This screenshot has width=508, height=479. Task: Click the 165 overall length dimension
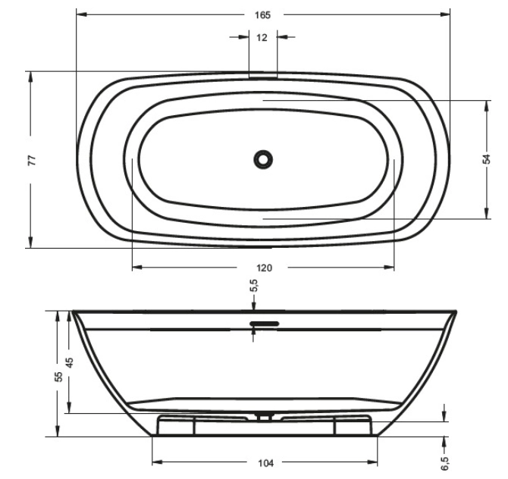click(x=262, y=15)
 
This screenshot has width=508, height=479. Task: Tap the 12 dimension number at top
click(x=262, y=38)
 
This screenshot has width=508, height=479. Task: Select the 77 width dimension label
click(x=32, y=161)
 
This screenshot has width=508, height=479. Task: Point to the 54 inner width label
click(x=487, y=159)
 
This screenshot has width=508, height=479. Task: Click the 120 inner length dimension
click(x=265, y=268)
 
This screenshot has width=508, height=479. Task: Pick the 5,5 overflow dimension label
click(x=254, y=286)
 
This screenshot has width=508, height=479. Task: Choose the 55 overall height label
click(x=58, y=377)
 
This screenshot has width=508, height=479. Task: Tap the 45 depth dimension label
click(x=70, y=362)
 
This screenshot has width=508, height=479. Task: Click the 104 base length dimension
click(x=265, y=463)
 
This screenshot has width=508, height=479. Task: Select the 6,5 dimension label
click(x=445, y=463)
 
